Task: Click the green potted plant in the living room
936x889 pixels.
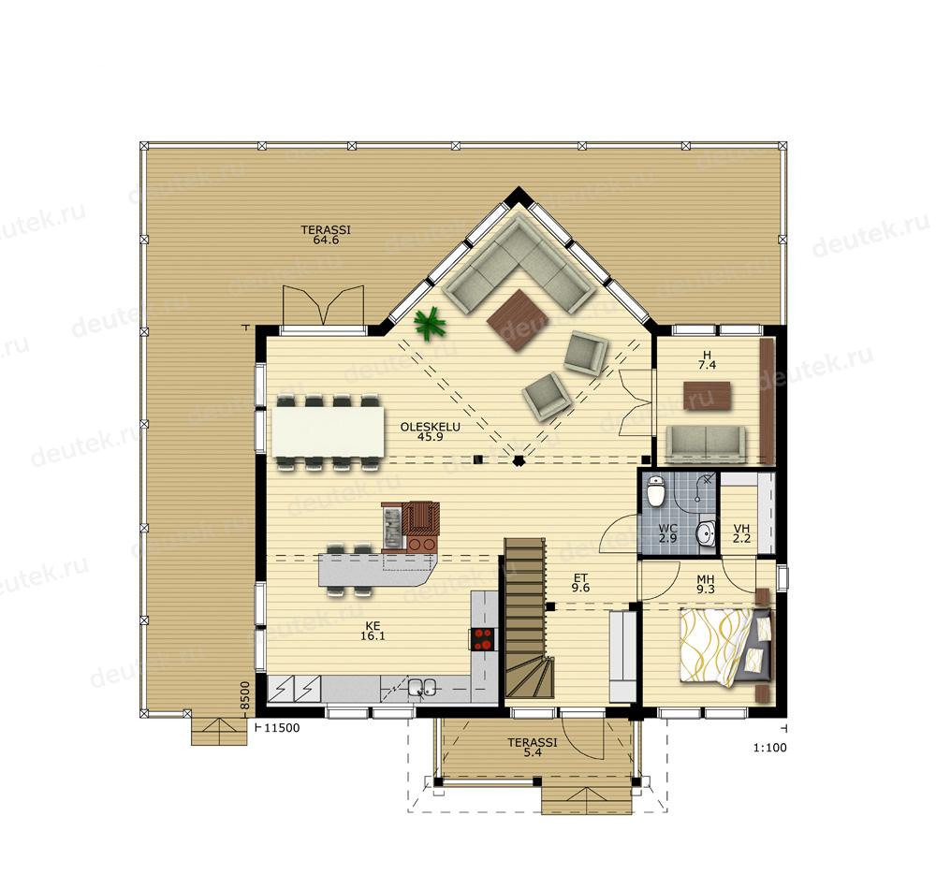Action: (x=430, y=325)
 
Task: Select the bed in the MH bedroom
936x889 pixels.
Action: (x=724, y=647)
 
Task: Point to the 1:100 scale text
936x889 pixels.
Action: (x=770, y=747)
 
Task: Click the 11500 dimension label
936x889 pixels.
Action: (x=282, y=728)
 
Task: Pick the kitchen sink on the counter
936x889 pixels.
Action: (x=423, y=688)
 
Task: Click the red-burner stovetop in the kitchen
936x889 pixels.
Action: (x=484, y=638)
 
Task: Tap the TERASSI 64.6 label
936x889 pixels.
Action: (x=326, y=235)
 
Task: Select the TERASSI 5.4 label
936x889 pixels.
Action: (x=533, y=748)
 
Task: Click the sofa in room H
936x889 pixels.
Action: (x=706, y=444)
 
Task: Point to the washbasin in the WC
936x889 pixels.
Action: (x=706, y=532)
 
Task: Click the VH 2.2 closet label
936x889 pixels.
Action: (x=742, y=532)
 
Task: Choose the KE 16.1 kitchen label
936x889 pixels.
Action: (x=373, y=631)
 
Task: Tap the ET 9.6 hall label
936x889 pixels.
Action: (x=581, y=582)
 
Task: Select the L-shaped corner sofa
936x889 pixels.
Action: (x=520, y=263)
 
